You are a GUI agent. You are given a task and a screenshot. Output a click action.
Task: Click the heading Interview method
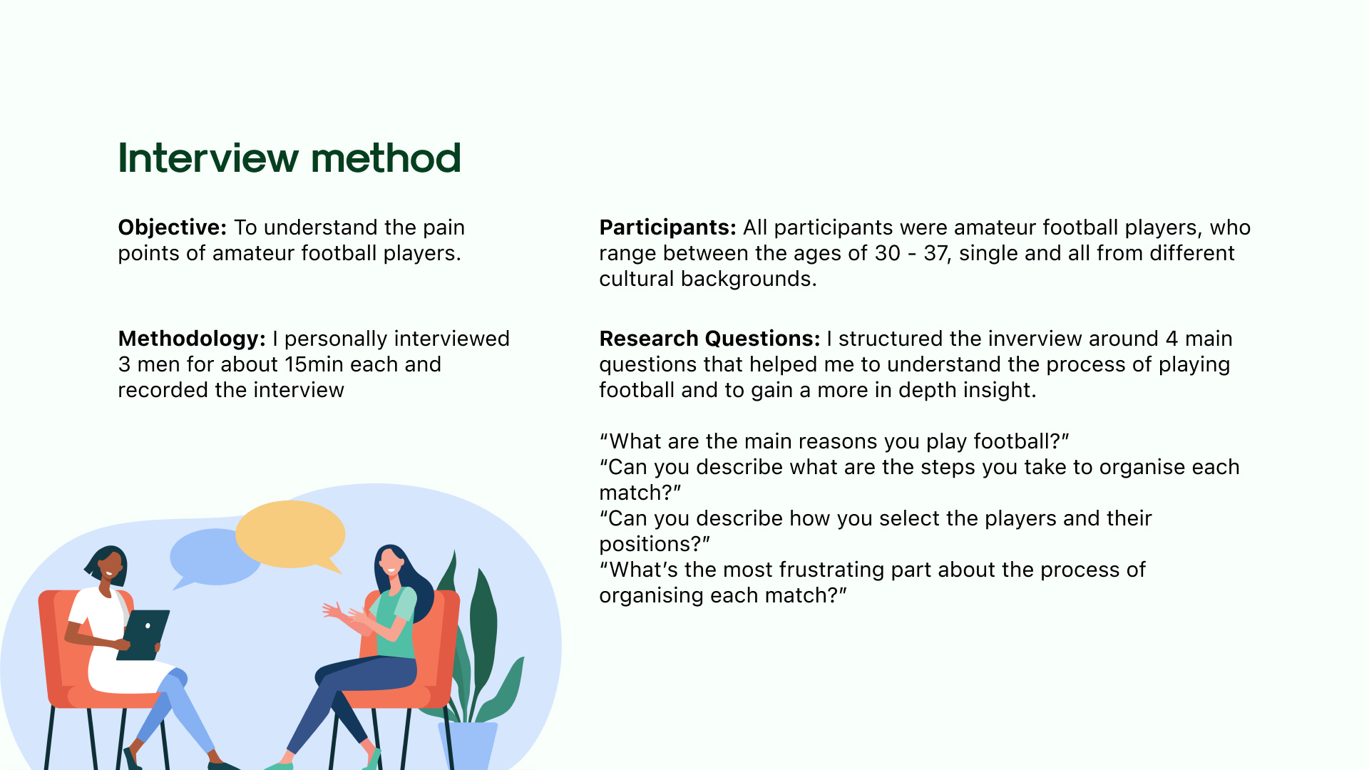pos(289,158)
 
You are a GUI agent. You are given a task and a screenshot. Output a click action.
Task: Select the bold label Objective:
pos(173,227)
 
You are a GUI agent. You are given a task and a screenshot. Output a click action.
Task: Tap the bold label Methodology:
pos(192,339)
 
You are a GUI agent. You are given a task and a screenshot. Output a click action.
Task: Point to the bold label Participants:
pos(667,227)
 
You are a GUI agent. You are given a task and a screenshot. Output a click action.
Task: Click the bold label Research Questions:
pos(709,339)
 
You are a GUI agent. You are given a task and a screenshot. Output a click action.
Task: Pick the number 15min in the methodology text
pos(314,364)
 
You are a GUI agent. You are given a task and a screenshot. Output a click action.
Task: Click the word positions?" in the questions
pos(655,544)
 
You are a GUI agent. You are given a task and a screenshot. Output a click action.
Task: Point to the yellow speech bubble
pos(291,535)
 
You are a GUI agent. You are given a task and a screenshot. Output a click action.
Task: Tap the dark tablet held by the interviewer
pos(143,635)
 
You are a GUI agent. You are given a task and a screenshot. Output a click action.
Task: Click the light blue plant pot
pos(468,746)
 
